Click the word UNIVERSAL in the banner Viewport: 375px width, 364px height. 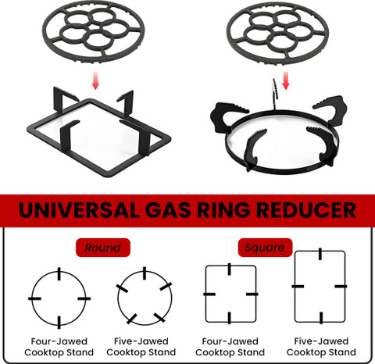(79, 210)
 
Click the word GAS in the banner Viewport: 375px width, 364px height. (168, 210)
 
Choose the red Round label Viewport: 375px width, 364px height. (103, 248)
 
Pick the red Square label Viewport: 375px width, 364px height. (265, 248)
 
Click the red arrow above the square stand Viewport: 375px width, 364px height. (96, 81)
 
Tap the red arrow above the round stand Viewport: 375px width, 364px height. (286, 81)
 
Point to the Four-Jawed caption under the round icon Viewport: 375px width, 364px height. (59, 341)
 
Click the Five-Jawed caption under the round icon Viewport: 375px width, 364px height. (141, 341)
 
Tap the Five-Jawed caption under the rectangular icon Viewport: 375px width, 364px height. (321, 341)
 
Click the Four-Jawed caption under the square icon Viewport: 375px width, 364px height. (230, 341)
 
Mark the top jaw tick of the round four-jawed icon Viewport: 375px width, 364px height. (59, 273)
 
